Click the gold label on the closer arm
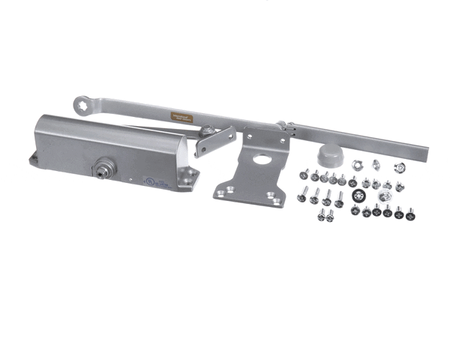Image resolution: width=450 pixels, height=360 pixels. [x=181, y=117]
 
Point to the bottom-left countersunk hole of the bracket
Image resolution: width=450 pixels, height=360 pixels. [x=220, y=194]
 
